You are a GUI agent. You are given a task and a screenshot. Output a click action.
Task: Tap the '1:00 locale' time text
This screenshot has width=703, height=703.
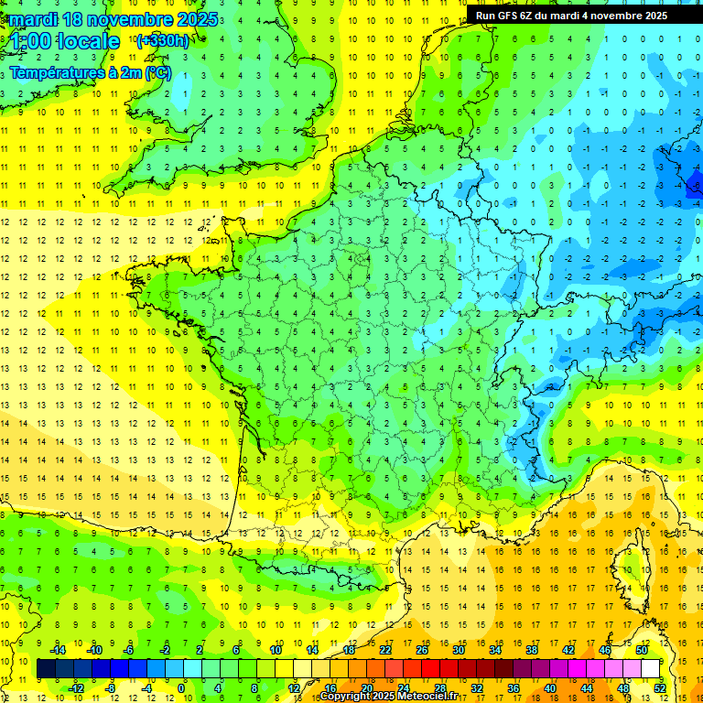click(66, 41)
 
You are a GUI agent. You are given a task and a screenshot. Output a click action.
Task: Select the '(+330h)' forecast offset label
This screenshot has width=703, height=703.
click(162, 40)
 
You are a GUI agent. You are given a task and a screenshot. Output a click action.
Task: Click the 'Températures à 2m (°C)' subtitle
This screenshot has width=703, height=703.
click(91, 72)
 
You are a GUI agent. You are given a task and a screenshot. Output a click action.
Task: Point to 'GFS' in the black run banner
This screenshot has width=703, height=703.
click(511, 16)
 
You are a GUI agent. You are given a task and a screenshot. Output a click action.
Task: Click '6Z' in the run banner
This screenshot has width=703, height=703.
click(534, 16)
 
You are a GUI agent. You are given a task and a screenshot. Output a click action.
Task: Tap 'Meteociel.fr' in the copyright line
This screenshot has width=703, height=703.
click(433, 697)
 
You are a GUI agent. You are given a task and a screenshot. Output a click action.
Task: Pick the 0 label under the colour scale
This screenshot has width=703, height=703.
click(181, 688)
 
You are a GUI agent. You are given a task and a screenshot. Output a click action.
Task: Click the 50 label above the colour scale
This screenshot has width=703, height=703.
click(641, 650)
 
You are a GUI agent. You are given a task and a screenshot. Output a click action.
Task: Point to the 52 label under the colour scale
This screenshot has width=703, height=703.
click(659, 688)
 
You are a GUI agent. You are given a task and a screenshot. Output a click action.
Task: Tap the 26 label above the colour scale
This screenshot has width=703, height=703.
click(422, 650)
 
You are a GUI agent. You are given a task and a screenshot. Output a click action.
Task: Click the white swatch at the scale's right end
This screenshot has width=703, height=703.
click(650, 669)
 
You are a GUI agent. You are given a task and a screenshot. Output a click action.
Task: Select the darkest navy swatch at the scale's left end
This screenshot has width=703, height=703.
click(46, 669)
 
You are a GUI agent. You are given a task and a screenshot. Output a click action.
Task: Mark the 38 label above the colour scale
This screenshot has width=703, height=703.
click(531, 650)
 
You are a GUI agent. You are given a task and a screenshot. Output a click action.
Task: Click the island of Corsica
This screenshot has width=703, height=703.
click(632, 572)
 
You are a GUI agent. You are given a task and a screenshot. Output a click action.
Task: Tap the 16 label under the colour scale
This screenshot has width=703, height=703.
click(330, 688)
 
